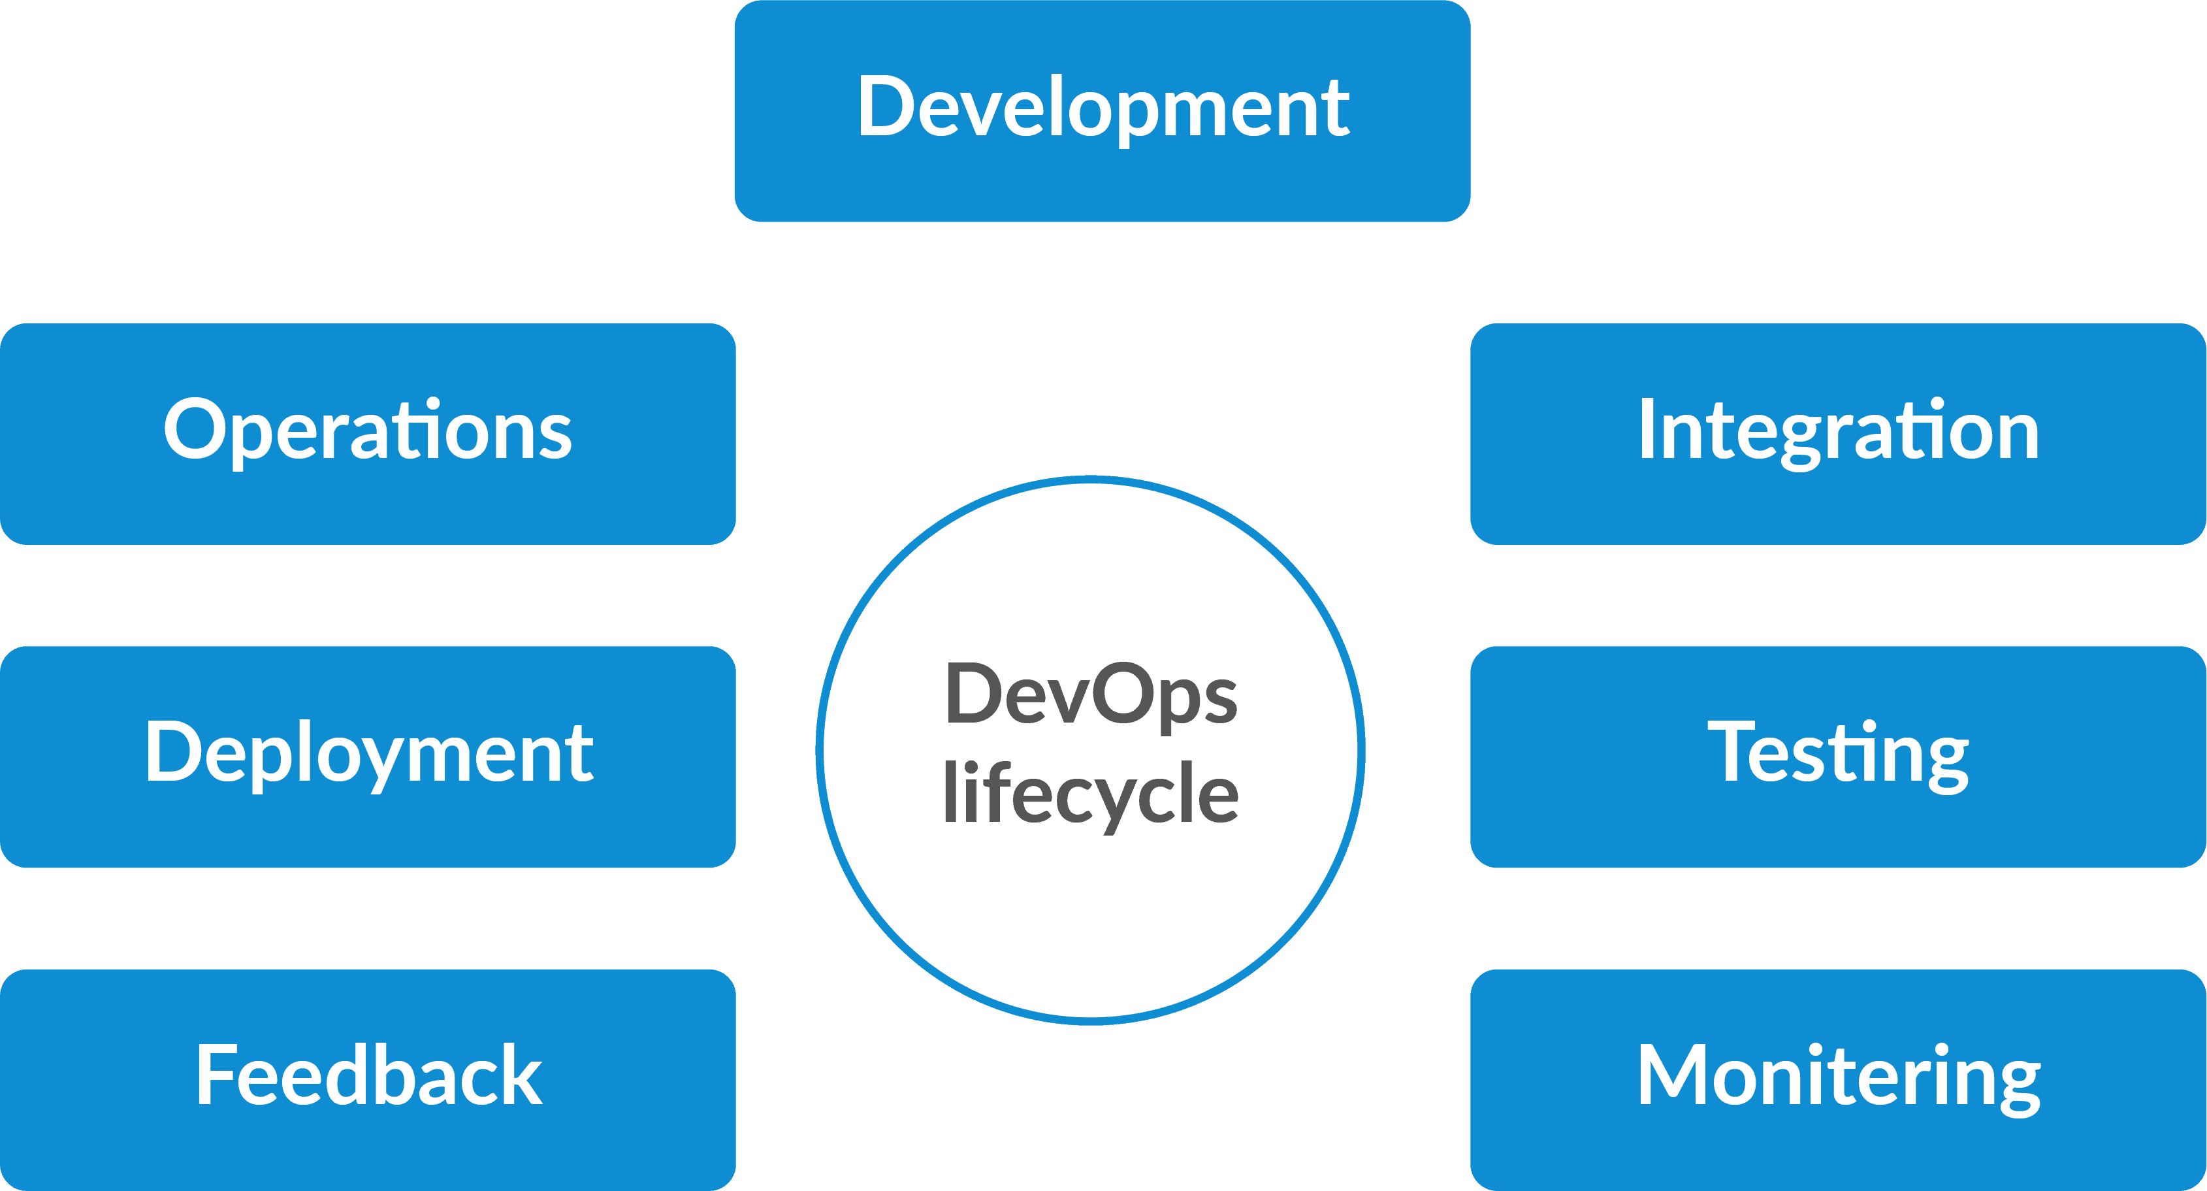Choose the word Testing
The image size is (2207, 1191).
1839,754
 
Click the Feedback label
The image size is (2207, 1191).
369,1076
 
